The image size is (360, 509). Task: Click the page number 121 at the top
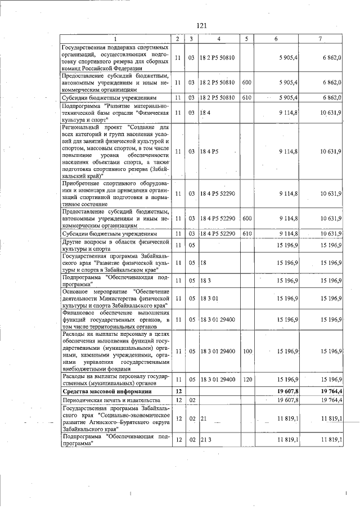(202, 25)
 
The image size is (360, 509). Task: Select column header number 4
(219, 39)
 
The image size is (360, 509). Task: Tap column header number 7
(320, 39)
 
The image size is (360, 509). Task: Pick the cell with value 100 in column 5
(246, 351)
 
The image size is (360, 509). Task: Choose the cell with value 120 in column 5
(246, 380)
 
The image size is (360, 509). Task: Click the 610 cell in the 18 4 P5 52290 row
(246, 233)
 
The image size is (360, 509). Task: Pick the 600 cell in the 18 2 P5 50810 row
(246, 82)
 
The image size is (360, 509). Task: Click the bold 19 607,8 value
(286, 390)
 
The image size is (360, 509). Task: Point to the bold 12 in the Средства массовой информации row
(178, 390)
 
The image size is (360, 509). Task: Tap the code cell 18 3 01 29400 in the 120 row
(218, 380)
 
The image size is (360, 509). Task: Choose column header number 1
(115, 39)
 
